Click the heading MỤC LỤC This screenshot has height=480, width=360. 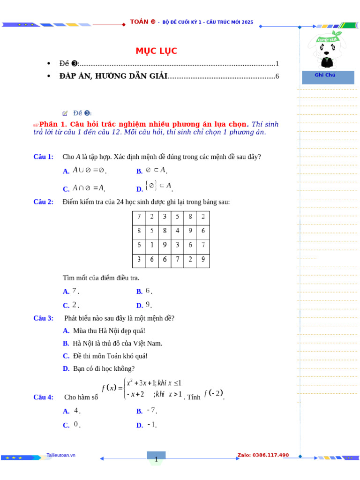tap(157, 51)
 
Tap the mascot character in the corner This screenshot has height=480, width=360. tap(325, 49)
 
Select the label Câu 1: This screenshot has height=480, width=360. tap(43, 157)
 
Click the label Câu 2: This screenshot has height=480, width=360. tap(43, 202)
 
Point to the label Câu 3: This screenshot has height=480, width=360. tap(43, 318)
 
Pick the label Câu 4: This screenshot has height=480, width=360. tap(43, 397)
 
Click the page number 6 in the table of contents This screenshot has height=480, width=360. tap(277, 76)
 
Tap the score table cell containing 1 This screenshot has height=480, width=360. tap(151, 244)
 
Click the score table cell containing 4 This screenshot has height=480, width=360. tap(177, 231)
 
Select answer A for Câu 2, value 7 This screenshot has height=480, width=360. tap(71, 291)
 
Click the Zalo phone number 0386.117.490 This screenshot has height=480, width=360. tap(263, 455)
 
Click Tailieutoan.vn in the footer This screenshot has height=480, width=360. tap(61, 455)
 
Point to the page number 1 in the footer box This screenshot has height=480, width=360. tap(156, 459)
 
